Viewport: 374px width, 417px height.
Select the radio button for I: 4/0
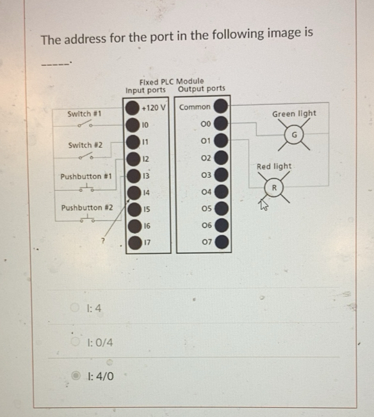pyautogui.click(x=76, y=375)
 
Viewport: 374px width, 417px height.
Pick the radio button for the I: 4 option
pyautogui.click(x=76, y=309)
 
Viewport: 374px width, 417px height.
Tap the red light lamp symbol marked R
pyautogui.click(x=273, y=188)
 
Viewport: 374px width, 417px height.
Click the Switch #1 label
pyautogui.click(x=85, y=114)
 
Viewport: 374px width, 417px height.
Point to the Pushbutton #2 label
pyautogui.click(x=86, y=208)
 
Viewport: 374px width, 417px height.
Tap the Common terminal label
pyautogui.click(x=194, y=107)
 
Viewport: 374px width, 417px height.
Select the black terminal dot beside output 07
pyautogui.click(x=221, y=242)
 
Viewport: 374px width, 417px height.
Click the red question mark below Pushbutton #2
pyautogui.click(x=101, y=241)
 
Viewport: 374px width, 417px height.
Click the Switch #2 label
pyautogui.click(x=85, y=145)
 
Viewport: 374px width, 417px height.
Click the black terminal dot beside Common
pyautogui.click(x=221, y=106)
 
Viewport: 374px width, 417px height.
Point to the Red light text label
pyautogui.click(x=274, y=166)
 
